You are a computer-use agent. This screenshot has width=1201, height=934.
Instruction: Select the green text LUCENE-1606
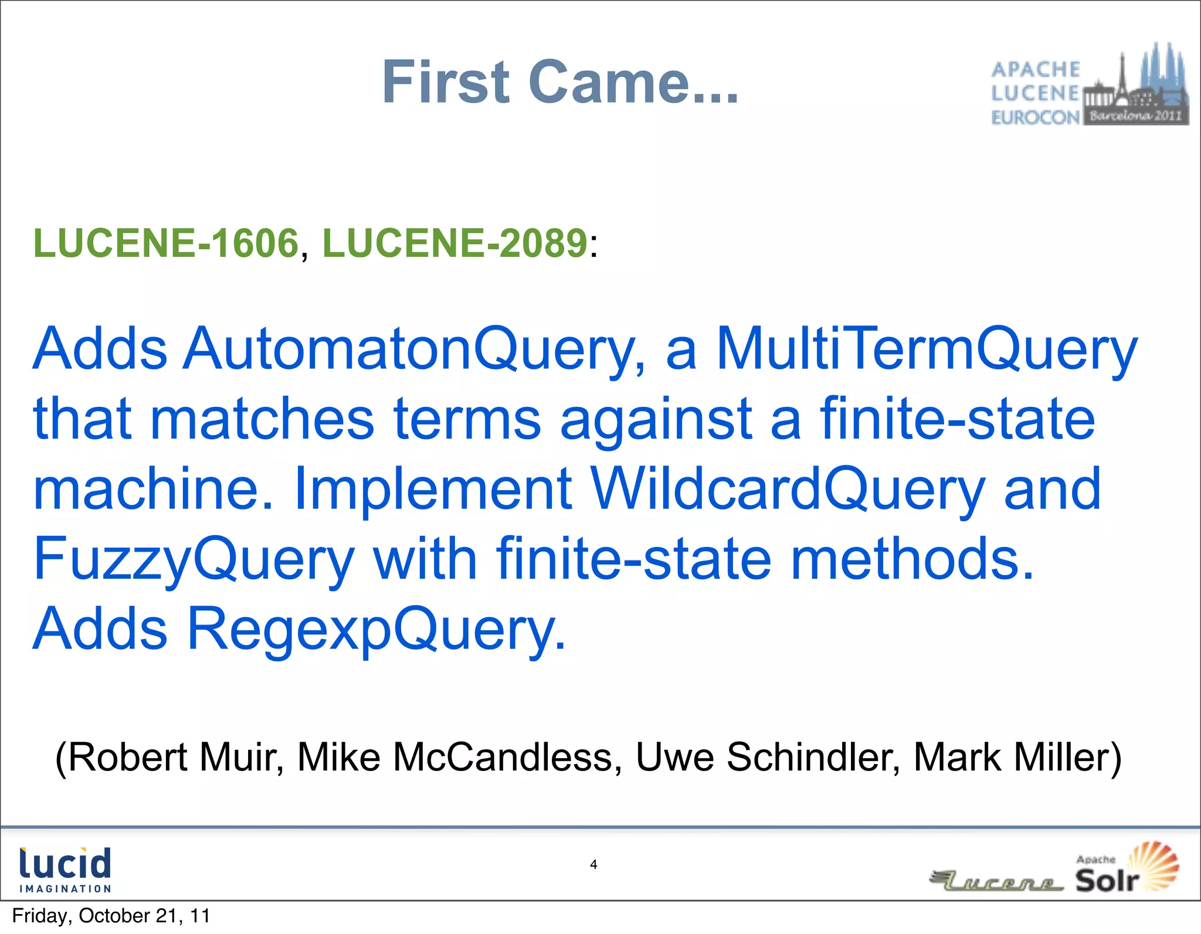click(167, 243)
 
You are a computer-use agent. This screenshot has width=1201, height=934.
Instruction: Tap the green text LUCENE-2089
click(455, 243)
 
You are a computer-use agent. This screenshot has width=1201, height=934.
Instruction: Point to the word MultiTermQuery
click(927, 349)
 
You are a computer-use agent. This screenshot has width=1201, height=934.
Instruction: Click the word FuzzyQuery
click(194, 559)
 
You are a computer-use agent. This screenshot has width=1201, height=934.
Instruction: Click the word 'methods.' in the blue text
click(912, 559)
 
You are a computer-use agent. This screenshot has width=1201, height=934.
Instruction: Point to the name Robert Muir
click(170, 757)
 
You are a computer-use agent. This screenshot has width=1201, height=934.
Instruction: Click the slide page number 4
click(593, 864)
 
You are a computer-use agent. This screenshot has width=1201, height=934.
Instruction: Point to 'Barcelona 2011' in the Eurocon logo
click(1135, 116)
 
